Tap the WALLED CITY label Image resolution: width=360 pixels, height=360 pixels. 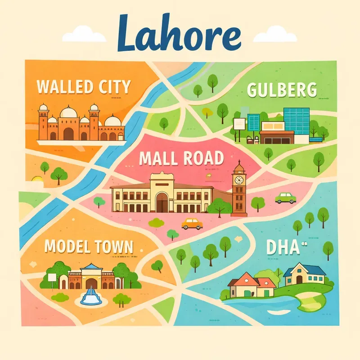pos(84,86)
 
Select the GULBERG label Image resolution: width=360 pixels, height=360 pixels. pos(282,90)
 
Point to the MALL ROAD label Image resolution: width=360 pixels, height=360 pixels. pos(181,158)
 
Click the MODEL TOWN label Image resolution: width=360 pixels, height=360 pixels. pos(89,246)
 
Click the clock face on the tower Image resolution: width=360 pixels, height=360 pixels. pos(239,180)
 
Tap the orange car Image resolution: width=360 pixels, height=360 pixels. pos(192,224)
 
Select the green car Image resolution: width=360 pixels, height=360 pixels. pos(285,198)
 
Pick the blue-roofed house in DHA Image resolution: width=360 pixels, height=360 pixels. pos(303,273)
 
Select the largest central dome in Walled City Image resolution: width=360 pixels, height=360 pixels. pos(68,112)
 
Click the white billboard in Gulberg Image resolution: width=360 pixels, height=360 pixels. pos(239,123)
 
